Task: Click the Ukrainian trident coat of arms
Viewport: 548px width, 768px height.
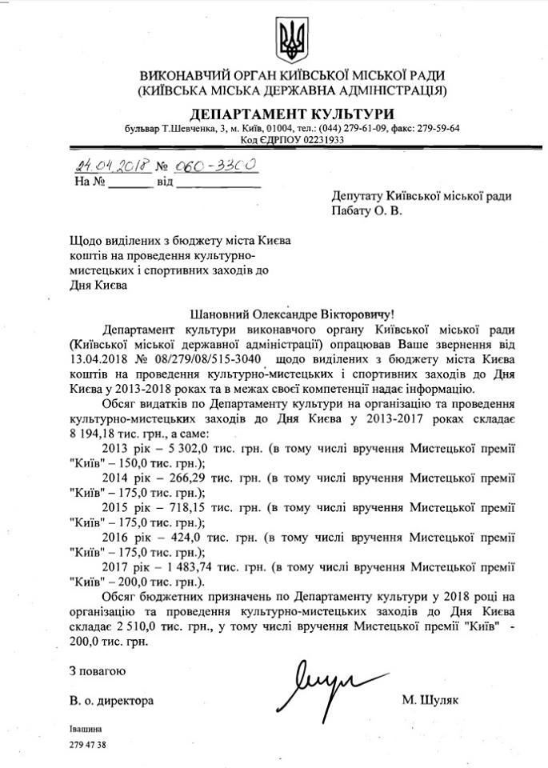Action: point(289,38)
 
